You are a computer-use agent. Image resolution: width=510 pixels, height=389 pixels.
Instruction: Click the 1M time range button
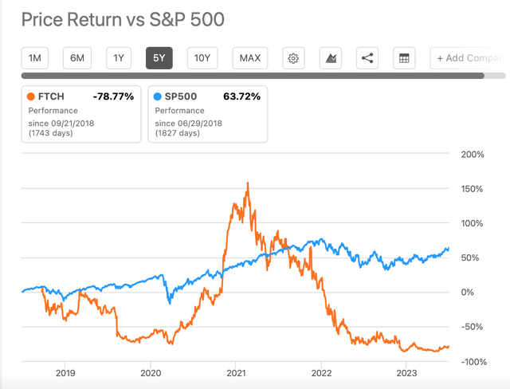point(36,58)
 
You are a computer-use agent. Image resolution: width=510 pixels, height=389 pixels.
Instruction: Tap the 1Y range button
point(119,58)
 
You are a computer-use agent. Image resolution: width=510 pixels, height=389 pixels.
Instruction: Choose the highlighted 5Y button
point(158,58)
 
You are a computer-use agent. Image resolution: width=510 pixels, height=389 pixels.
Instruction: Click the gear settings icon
point(293,58)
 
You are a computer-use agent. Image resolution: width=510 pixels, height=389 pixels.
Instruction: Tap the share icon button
point(367,58)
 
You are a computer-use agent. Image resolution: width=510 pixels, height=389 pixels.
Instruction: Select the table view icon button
point(404,58)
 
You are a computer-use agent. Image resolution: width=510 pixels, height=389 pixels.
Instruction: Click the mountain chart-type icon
point(330,58)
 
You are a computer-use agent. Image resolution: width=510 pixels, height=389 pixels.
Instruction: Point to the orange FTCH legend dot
point(33,96)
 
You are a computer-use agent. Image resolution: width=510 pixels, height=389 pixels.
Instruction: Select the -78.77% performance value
point(114,96)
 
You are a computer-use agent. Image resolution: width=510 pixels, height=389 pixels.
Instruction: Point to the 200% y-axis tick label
point(472,154)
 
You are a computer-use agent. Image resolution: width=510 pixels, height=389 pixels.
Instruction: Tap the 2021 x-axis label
point(236,372)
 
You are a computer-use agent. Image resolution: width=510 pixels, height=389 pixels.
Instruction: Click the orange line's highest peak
point(248,183)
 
